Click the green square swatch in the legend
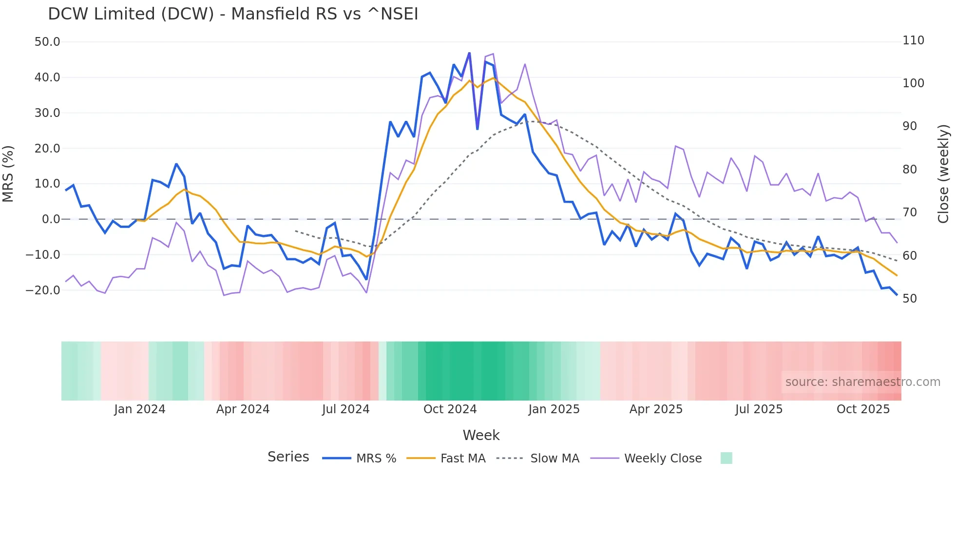(x=726, y=458)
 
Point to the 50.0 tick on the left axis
(x=47, y=42)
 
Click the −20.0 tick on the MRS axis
(x=43, y=290)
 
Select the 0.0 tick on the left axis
(x=51, y=219)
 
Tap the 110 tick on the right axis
(x=913, y=40)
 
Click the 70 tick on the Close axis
(x=910, y=212)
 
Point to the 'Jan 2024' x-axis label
(x=140, y=409)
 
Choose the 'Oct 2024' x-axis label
(x=450, y=409)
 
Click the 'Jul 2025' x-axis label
(x=759, y=409)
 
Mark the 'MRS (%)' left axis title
(x=8, y=174)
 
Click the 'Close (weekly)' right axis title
(x=943, y=174)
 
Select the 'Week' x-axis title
(x=481, y=435)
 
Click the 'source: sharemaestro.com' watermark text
(x=862, y=382)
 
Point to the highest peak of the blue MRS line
(x=469, y=53)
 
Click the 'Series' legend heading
(x=288, y=457)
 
